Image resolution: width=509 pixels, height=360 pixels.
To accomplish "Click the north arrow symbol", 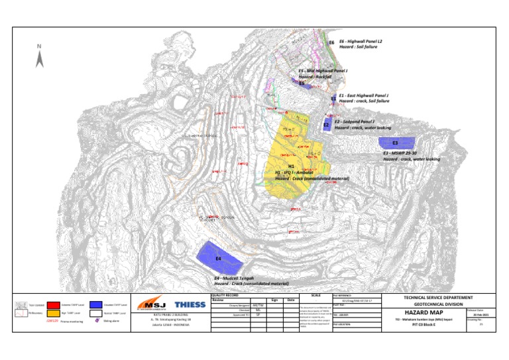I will [x=40, y=58].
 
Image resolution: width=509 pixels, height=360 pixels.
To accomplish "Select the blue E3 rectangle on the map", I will [x=396, y=142].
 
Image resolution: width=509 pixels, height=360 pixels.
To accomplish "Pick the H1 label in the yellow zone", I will [x=291, y=166].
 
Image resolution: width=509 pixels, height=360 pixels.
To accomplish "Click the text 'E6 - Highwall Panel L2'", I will [x=361, y=41].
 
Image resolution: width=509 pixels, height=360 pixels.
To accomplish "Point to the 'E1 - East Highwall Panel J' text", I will [x=363, y=95].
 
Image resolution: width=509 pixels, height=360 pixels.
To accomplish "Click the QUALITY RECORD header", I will [x=225, y=295].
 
